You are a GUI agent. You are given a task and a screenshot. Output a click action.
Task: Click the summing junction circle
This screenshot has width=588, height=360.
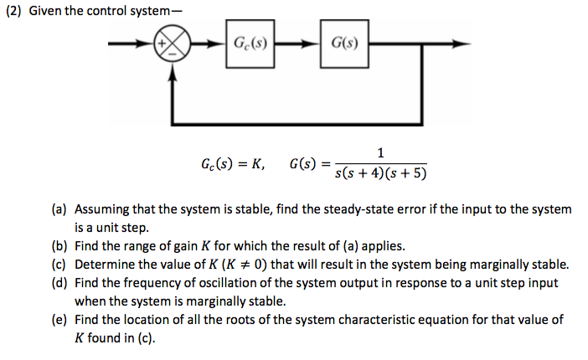pos(173,44)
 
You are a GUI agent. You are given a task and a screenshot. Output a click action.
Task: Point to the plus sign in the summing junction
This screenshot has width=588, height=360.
pos(163,39)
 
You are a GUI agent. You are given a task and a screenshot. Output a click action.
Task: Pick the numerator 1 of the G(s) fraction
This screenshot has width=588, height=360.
pos(381,152)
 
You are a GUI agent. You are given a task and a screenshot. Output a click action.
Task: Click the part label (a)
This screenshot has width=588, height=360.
pos(60,209)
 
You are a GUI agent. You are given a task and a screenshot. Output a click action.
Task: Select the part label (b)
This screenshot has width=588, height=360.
pos(60,246)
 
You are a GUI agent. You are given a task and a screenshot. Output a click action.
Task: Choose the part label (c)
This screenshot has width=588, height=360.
pos(60,265)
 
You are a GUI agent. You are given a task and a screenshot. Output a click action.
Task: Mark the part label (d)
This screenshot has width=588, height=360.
pos(60,283)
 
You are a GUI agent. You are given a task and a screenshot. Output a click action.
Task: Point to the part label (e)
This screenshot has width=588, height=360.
pos(60,320)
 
